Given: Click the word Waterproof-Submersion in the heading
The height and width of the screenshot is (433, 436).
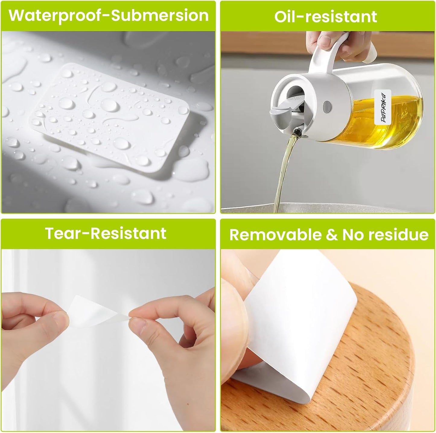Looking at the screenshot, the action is pos(109,15).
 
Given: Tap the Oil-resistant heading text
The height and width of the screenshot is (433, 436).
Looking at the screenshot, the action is pos(326,16).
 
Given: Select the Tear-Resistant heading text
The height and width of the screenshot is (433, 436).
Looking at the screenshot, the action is pos(106,233).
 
